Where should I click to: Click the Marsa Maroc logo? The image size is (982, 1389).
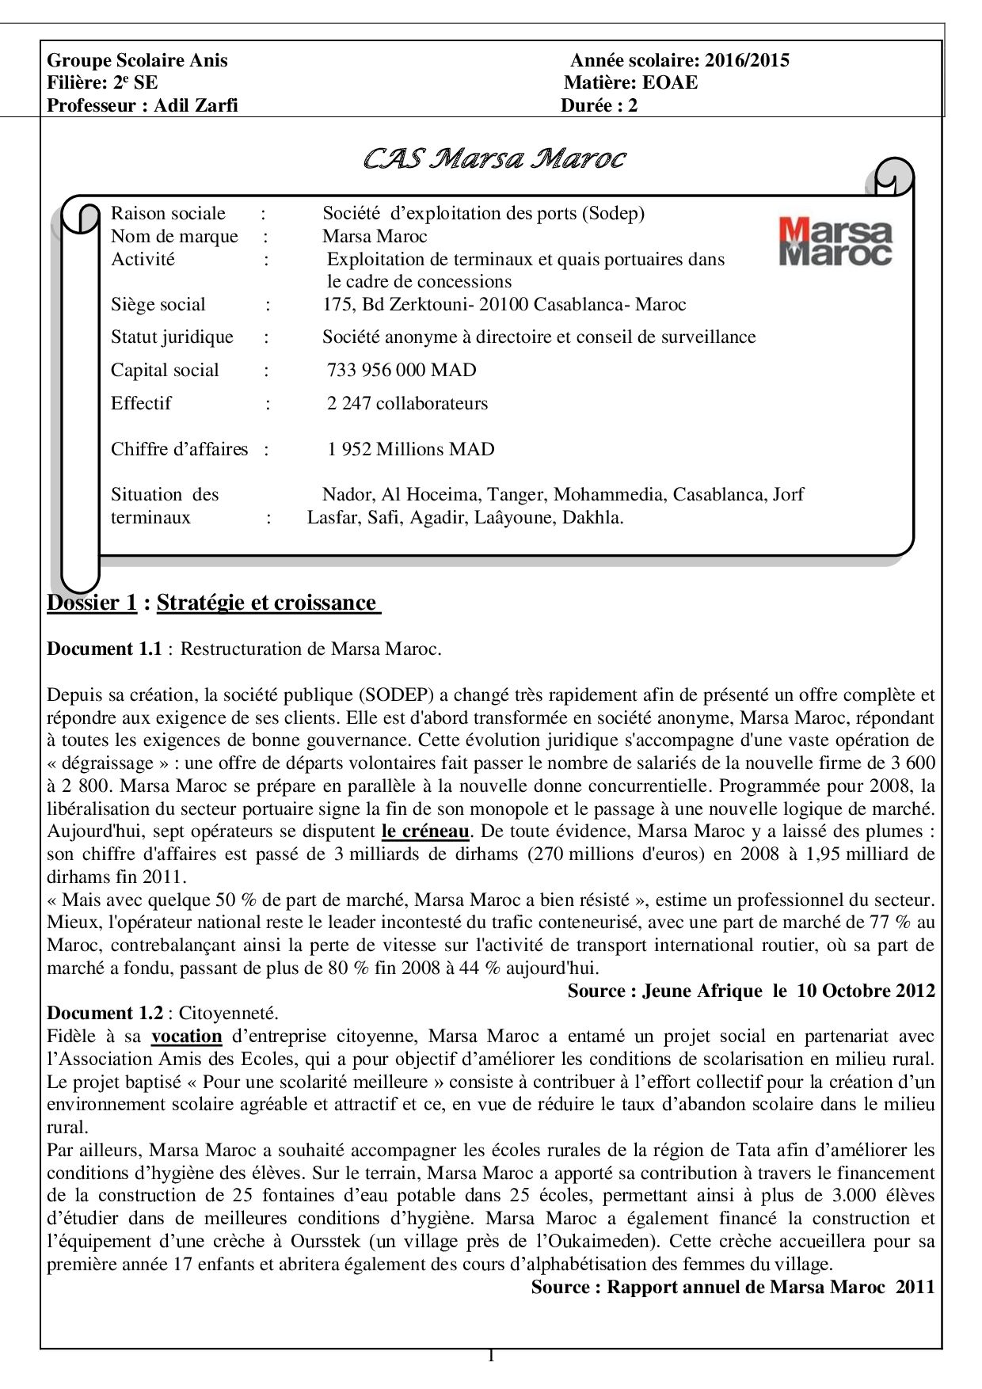(x=835, y=242)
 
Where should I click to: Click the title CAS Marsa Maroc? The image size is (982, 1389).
(x=494, y=159)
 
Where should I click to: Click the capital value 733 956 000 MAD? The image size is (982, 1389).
(x=402, y=370)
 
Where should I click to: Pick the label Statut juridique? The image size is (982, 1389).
(x=172, y=337)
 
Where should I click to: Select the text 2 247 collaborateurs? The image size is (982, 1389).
(x=407, y=403)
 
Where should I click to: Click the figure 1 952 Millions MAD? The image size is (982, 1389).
(x=410, y=449)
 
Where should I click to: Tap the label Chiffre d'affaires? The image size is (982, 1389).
(x=179, y=449)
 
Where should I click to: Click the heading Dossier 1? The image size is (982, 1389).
(x=92, y=603)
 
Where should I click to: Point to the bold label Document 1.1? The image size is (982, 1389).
(x=105, y=649)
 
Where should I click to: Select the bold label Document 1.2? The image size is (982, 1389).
(x=105, y=1013)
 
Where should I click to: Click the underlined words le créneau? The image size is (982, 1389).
(x=425, y=831)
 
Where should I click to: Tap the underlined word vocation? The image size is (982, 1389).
(x=187, y=1036)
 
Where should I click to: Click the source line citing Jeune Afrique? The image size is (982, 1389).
(x=751, y=991)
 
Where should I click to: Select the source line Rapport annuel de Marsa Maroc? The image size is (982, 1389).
(x=733, y=1287)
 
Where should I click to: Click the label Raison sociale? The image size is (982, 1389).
(x=168, y=213)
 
